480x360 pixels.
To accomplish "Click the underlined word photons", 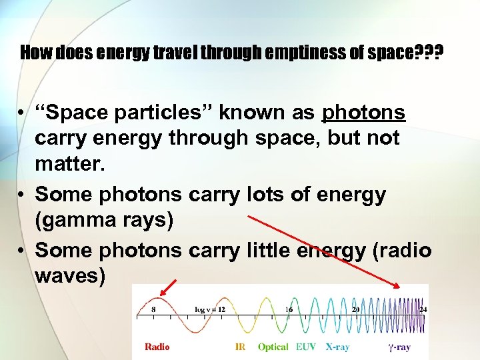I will coord(363,113).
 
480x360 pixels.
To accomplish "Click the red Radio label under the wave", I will coord(157,347).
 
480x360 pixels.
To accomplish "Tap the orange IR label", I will coord(241,347).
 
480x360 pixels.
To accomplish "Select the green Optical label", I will coord(273,347).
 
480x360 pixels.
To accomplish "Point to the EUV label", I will coord(307,347).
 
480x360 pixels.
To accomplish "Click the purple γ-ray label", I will coord(399,347).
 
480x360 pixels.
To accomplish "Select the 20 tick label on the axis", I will coord(356,309).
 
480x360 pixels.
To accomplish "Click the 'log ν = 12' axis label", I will coord(209,309).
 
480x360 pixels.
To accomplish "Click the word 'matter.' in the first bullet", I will coord(70,163).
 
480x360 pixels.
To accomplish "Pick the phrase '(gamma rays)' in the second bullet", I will coord(104,220).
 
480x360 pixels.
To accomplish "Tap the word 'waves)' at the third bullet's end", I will coord(70,275).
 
